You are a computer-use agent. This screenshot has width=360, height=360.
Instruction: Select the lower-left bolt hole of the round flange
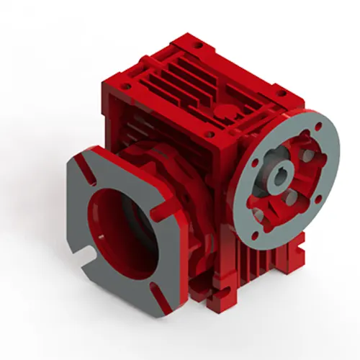coord(257,212)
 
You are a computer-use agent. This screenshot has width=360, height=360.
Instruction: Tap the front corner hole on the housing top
coord(210,133)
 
